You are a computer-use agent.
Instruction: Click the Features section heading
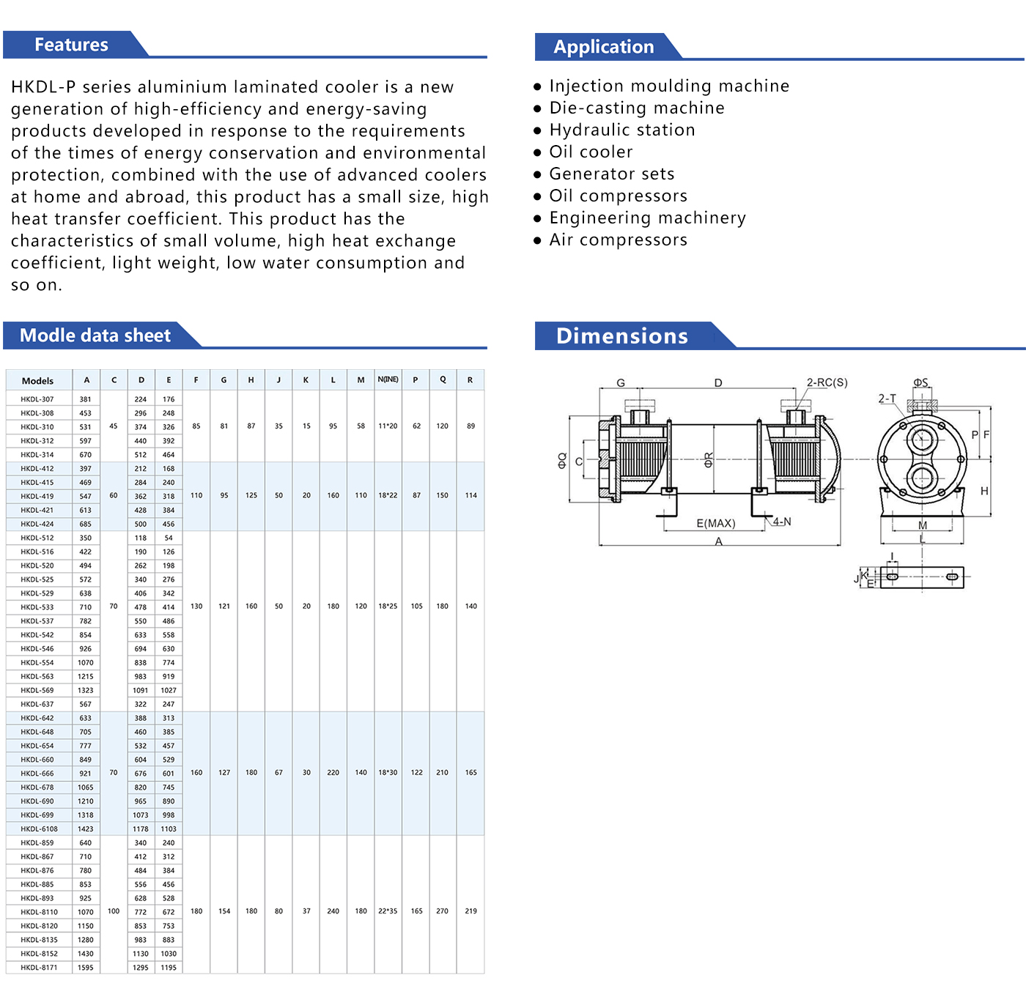coord(71,45)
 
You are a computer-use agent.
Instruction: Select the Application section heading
coord(603,47)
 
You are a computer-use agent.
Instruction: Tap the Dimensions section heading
coord(621,336)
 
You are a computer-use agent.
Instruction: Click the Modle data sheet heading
coord(95,336)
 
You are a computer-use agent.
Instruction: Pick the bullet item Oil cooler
coord(591,152)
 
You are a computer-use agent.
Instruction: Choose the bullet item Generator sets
coord(611,174)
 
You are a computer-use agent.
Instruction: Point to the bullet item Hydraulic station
coord(621,130)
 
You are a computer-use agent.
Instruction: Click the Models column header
coord(37,381)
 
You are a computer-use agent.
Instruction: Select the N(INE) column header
coord(388,379)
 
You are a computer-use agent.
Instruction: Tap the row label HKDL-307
coord(37,399)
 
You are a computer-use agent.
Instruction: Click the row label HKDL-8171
coord(39,968)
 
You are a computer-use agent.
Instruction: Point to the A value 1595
coord(86,968)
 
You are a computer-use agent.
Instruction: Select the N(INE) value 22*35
coord(388,911)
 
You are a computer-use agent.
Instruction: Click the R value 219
coord(470,911)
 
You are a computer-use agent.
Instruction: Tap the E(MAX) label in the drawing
coord(715,523)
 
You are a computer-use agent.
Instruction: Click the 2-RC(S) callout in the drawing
coord(827,382)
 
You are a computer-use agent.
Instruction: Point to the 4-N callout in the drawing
coord(782,522)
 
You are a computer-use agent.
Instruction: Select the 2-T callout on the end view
coord(887,399)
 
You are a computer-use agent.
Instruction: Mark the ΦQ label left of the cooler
coord(562,460)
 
